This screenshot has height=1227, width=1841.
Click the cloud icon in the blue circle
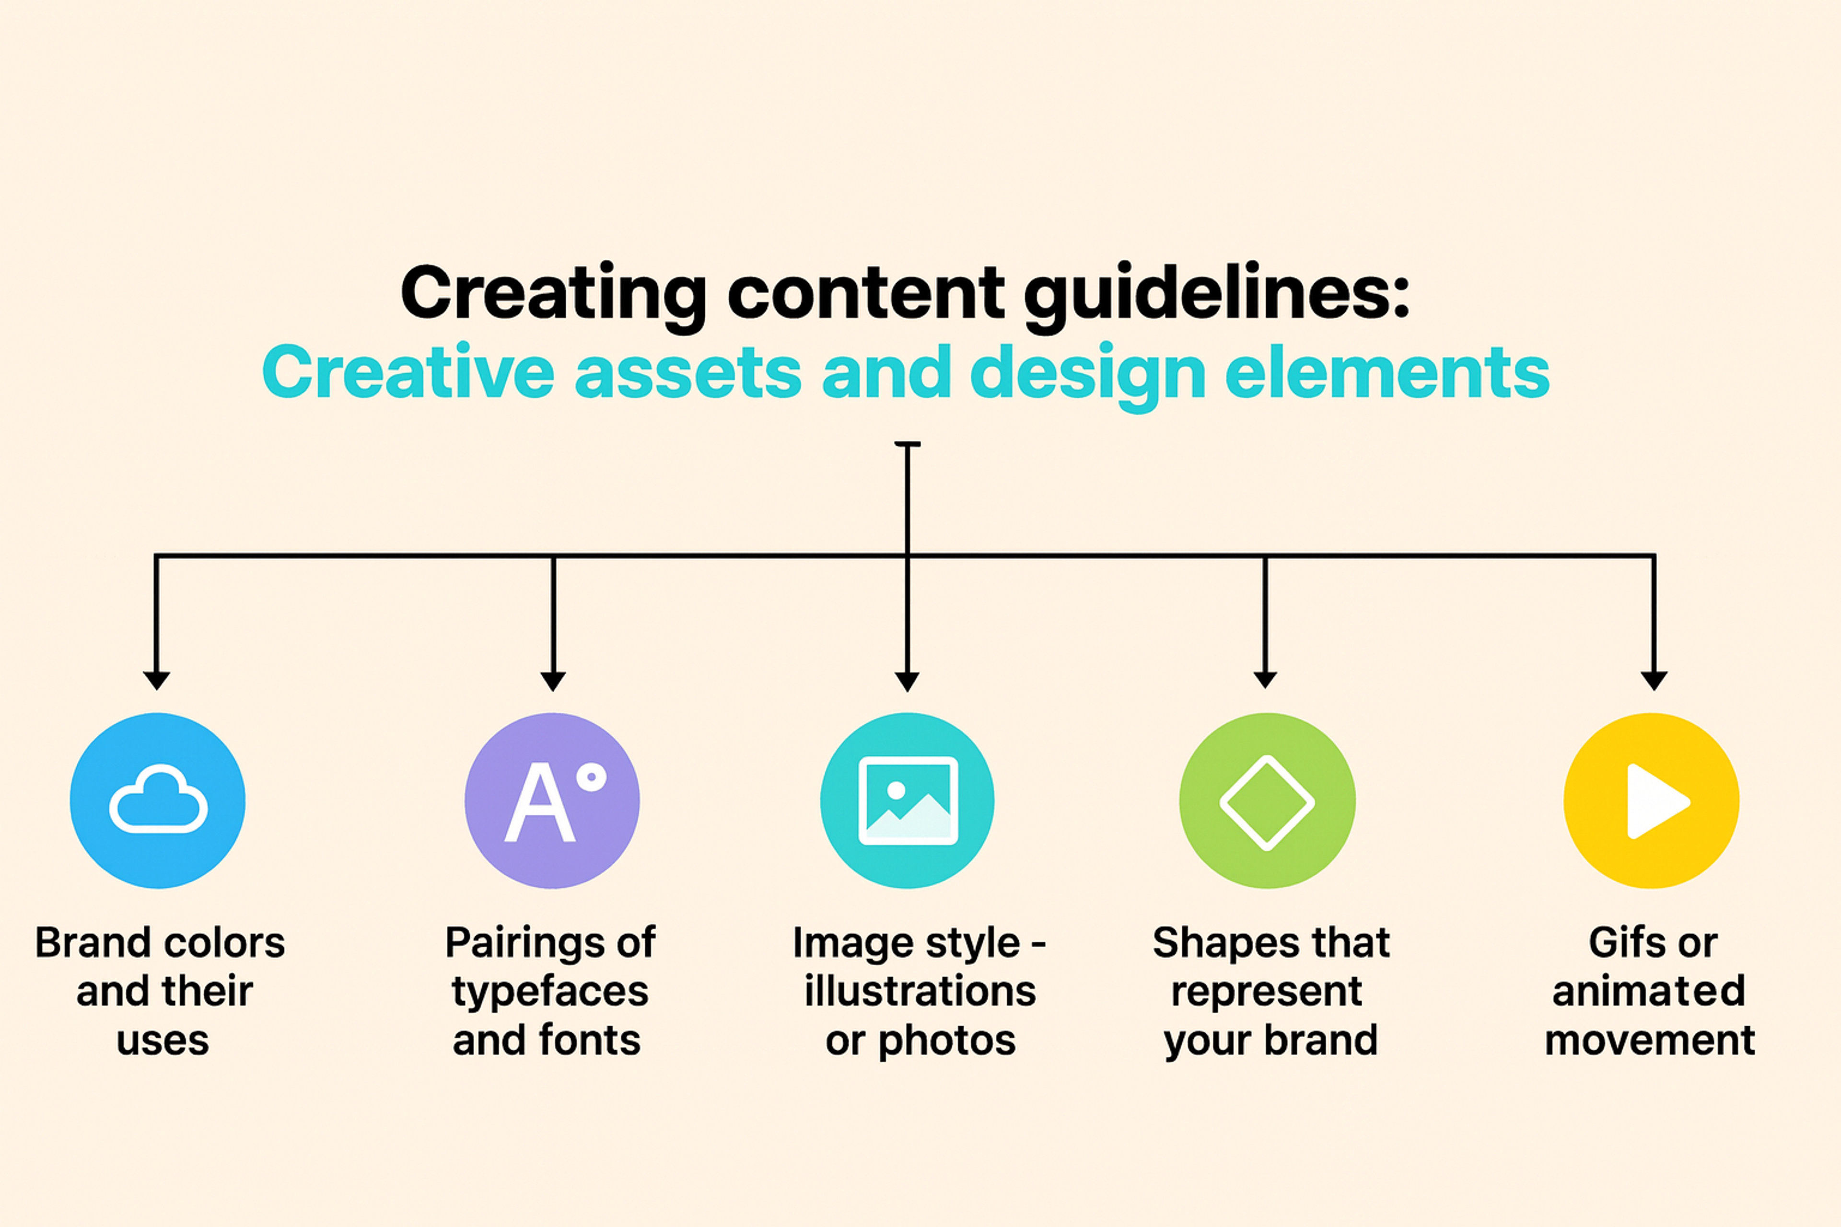[x=159, y=800]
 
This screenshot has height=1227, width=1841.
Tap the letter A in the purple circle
[x=540, y=803]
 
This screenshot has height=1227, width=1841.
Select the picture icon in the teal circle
[x=908, y=800]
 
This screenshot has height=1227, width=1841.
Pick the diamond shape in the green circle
[x=1267, y=802]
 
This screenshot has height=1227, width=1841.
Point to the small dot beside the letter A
[x=591, y=777]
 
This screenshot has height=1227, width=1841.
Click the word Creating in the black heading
[x=553, y=293]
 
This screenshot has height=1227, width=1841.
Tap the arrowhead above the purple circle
[x=553, y=680]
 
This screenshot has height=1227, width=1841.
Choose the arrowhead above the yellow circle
[x=1654, y=680]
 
